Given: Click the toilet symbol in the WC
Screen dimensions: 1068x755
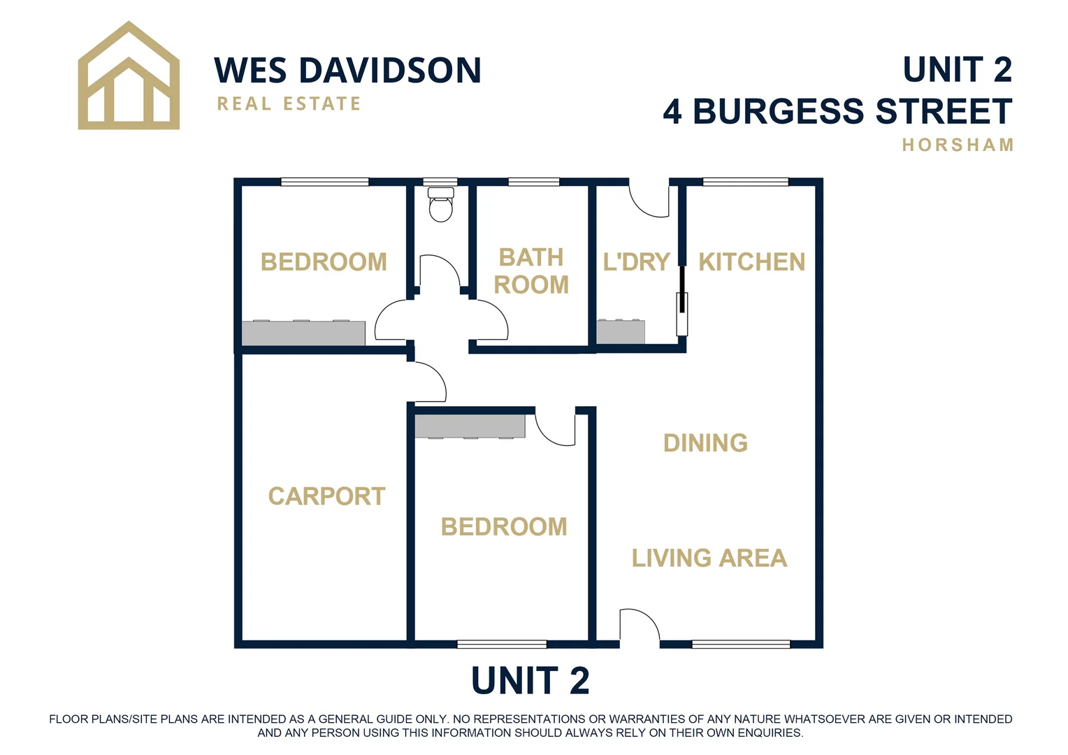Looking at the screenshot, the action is click(x=440, y=204).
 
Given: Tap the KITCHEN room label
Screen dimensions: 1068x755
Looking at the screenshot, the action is click(x=751, y=262).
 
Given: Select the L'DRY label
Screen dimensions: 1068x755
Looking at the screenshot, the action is click(x=636, y=262).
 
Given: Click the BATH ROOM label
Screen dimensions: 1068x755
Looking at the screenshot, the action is click(x=531, y=271).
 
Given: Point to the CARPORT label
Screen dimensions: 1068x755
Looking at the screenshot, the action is click(x=326, y=496).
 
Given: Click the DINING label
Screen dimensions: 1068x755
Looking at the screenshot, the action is click(x=705, y=443).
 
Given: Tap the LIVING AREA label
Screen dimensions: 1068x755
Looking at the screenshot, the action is click(x=709, y=558).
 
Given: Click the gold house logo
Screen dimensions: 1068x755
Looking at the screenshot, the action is click(x=129, y=77).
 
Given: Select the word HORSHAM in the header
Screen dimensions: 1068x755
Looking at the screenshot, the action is click(x=957, y=145).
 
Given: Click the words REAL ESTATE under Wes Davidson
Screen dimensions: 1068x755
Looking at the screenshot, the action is click(x=289, y=104).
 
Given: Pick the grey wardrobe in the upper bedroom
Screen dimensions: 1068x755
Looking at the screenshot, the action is click(x=303, y=333).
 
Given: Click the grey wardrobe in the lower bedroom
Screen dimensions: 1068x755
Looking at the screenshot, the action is click(x=470, y=426).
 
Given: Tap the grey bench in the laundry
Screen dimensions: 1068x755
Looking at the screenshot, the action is click(x=620, y=331).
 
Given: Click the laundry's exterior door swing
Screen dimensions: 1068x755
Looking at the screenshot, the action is click(x=649, y=199).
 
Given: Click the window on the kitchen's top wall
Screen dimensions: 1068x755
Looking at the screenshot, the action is click(x=745, y=182).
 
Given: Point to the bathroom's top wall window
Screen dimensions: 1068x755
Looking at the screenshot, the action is click(x=533, y=182).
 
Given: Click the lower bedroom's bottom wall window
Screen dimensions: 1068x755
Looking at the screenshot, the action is click(x=501, y=644).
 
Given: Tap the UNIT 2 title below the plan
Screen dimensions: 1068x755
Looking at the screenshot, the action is click(x=530, y=681).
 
